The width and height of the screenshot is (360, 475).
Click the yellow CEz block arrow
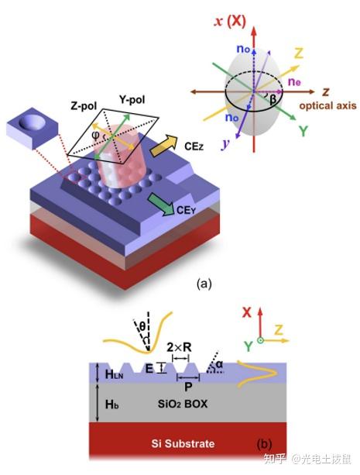164,146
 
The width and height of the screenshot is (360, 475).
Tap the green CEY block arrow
161,205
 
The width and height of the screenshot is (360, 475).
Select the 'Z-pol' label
84,105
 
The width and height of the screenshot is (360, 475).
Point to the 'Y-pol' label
132,99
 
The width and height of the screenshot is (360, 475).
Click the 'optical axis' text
328,105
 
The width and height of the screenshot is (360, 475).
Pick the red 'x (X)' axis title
230,21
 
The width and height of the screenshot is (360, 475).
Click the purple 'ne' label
294,81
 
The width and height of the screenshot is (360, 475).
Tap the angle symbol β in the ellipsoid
273,99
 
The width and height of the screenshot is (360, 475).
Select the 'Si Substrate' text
183,443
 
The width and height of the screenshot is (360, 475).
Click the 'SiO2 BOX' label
183,404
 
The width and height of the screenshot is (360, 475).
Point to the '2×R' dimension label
180,347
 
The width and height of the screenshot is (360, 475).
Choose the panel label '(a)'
204,284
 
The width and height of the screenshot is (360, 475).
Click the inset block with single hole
32,127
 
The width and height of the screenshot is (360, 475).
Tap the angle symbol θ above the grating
142,326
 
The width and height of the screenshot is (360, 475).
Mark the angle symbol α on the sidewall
219,364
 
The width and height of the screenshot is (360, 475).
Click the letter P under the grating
188,387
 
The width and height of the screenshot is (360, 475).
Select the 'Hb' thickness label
111,404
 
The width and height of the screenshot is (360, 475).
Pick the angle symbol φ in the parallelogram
95,135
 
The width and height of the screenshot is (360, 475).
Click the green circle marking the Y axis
260,340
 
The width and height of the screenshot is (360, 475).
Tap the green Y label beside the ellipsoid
303,130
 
